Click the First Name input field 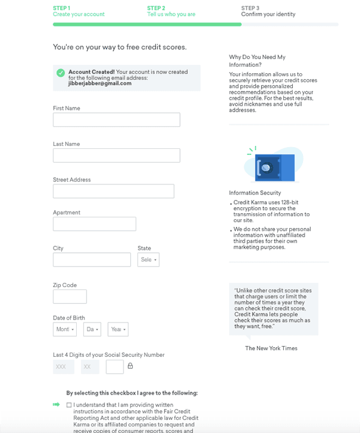(116, 120)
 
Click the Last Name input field (116, 156)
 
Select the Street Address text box (113, 191)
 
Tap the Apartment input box (94, 224)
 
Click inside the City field (92, 259)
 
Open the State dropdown (148, 259)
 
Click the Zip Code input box (70, 296)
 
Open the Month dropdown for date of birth (64, 329)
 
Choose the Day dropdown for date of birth (92, 329)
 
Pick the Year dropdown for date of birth (118, 329)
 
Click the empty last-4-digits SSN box (115, 366)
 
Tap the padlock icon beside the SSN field (130, 366)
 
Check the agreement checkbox (69, 405)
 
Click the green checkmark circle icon (61, 73)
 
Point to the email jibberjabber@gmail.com (100, 83)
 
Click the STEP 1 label (61, 8)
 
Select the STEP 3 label (250, 8)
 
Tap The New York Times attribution (271, 348)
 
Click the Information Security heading (255, 193)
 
